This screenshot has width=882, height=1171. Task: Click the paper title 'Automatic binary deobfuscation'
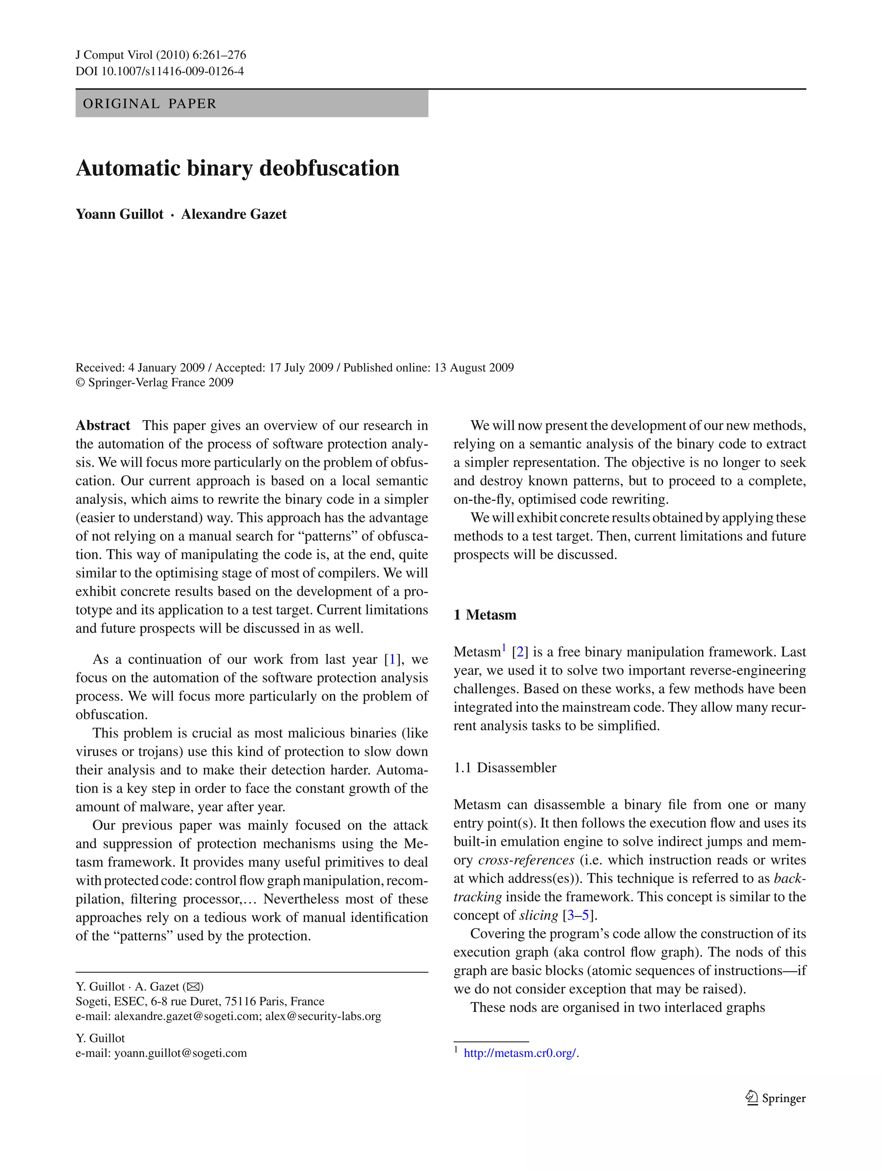pyautogui.click(x=237, y=168)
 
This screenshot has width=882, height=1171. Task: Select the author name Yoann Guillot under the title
pyautogui.click(x=120, y=214)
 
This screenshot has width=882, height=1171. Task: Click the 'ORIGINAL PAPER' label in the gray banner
pyautogui.click(x=150, y=104)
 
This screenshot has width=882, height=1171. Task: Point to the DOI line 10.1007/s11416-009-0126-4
pyautogui.click(x=159, y=71)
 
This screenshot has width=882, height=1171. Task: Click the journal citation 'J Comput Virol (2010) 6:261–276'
pyautogui.click(x=161, y=55)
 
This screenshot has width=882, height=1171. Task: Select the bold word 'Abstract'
pyautogui.click(x=103, y=426)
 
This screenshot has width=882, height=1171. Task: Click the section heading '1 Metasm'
pyautogui.click(x=484, y=615)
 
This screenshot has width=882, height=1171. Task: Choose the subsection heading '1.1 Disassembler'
pyautogui.click(x=505, y=768)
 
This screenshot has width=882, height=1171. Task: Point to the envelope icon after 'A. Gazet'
pyautogui.click(x=193, y=987)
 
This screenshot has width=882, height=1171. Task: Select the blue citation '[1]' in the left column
pyautogui.click(x=392, y=660)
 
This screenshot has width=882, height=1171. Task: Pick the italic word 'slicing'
pyautogui.click(x=539, y=915)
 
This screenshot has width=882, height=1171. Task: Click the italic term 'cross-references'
pyautogui.click(x=526, y=860)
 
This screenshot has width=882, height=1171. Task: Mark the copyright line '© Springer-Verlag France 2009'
pyautogui.click(x=155, y=383)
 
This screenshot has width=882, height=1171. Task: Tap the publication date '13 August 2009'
pyautogui.click(x=474, y=368)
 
